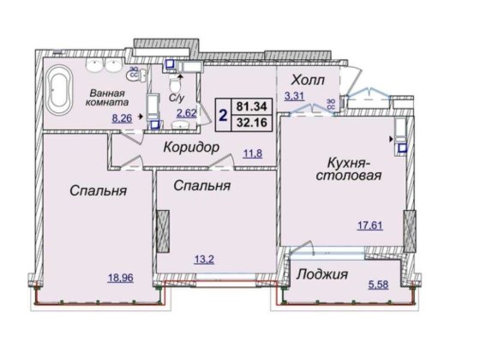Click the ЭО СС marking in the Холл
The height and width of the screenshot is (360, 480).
point(331,107)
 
